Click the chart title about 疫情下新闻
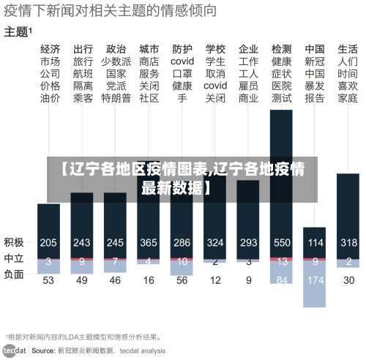pyautogui.click(x=111, y=11)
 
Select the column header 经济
pyautogui.click(x=50, y=49)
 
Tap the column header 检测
pyautogui.click(x=281, y=49)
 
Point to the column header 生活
pyautogui.click(x=348, y=49)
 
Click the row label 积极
pyautogui.click(x=14, y=242)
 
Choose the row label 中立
pyautogui.click(x=14, y=258)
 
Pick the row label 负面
pyautogui.click(x=14, y=275)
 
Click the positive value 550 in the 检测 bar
pyautogui.click(x=282, y=242)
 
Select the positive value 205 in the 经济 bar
pyautogui.click(x=48, y=242)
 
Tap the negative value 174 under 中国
pyautogui.click(x=315, y=280)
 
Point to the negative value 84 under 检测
pyautogui.click(x=282, y=279)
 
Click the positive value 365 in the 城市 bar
pyautogui.click(x=149, y=242)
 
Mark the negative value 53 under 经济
pyautogui.click(x=48, y=280)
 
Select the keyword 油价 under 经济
pyautogui.click(x=50, y=97)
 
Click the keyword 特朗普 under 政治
pyautogui.click(x=116, y=97)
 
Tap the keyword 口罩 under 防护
pyautogui.click(x=182, y=73)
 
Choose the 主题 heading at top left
pyautogui.click(x=17, y=31)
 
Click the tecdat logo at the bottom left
pyautogui.click(x=15, y=350)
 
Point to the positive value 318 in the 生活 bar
pyautogui.click(x=348, y=242)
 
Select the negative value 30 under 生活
pyautogui.click(x=348, y=280)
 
